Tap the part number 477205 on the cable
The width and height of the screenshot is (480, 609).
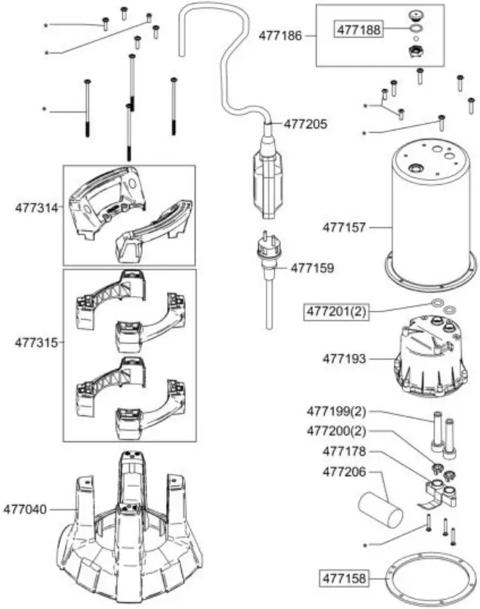306,125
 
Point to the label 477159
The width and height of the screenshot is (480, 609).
312,267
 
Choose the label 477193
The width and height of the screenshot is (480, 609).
344,358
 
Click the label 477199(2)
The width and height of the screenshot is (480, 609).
335,412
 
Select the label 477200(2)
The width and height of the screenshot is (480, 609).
335,432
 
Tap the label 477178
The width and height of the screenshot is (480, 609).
343,451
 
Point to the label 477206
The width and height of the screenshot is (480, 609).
343,470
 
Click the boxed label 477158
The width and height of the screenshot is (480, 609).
344,579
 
